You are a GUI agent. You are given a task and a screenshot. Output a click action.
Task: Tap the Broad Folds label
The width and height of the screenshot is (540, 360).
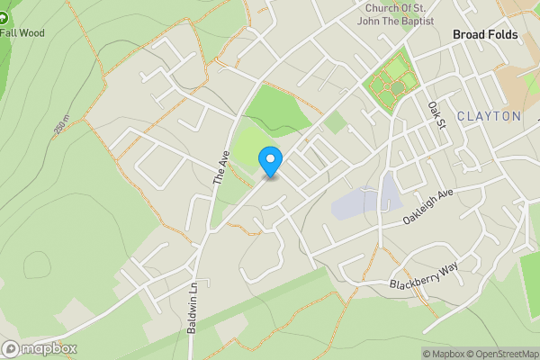tap(486, 33)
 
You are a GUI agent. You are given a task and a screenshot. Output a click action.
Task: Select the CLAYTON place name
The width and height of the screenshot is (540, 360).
tap(489, 116)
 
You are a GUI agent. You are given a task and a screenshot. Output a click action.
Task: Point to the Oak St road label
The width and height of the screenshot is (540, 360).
tap(437, 114)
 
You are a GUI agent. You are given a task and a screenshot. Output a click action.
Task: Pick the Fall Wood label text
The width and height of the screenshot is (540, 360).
tap(22, 33)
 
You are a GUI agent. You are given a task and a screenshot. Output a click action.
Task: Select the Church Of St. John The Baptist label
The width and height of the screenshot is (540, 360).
tap(394, 13)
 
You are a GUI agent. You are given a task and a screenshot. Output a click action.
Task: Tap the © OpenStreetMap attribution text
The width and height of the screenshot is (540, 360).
tap(502, 354)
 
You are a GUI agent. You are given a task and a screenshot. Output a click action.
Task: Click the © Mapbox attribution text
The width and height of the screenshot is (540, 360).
tap(442, 354)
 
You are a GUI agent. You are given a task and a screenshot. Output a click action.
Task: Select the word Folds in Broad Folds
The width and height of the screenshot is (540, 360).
tap(505, 33)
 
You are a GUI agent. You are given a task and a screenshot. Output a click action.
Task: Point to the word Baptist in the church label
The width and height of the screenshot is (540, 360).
tap(415, 20)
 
